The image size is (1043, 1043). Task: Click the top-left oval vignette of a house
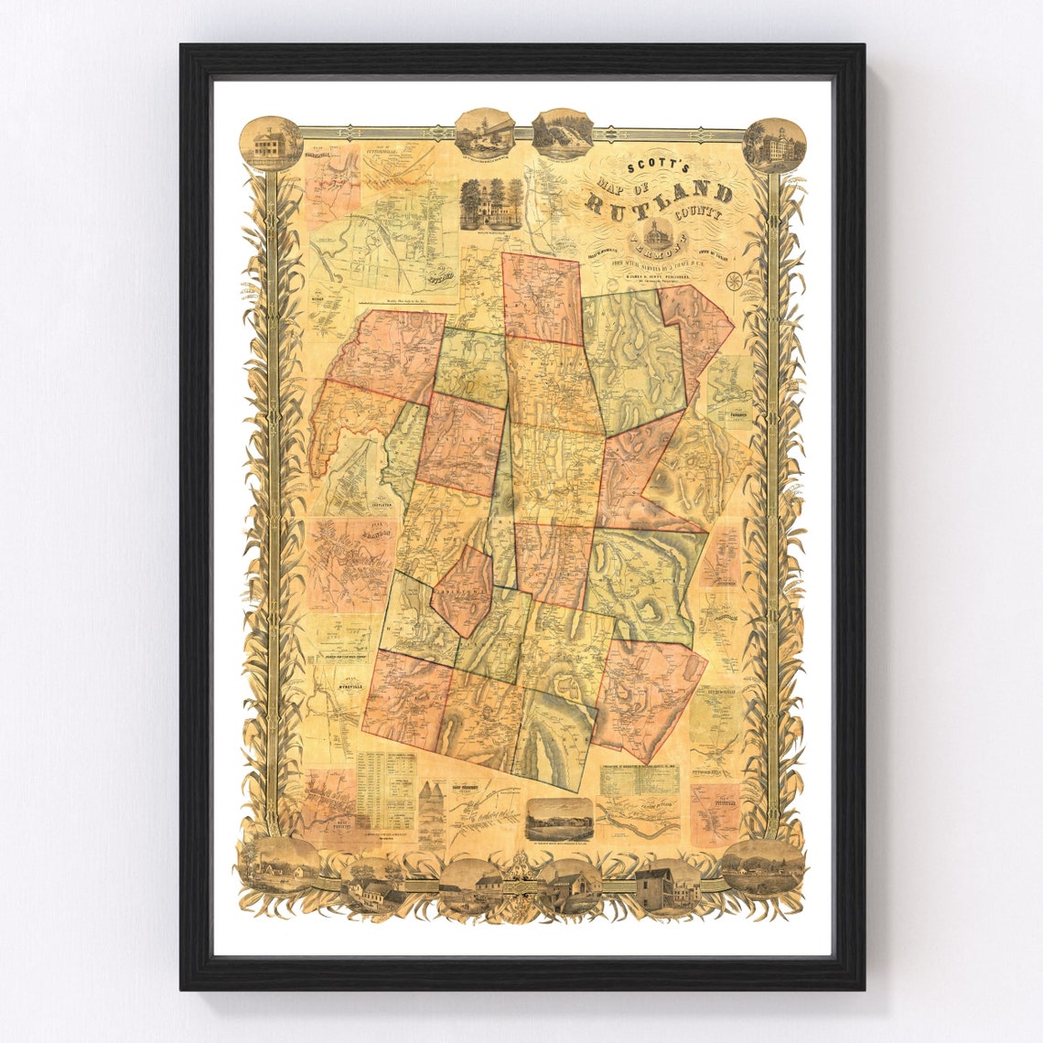271,144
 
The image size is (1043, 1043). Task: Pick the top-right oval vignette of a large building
775,145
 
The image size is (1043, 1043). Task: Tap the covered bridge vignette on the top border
484,132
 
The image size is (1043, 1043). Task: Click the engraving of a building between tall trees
490,203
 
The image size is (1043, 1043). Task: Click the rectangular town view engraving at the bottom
560,816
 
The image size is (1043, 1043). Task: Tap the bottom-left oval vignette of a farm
279,865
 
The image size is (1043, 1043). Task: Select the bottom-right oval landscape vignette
762,865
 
